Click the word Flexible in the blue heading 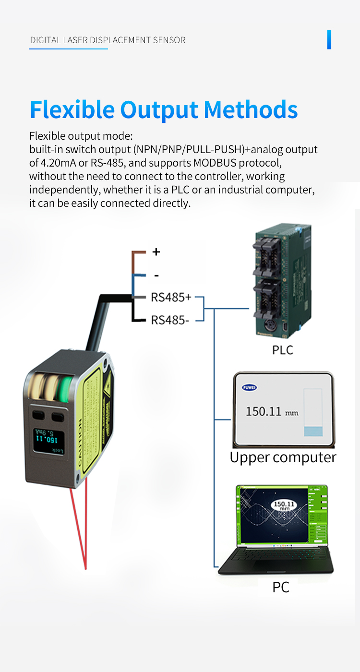pos(72,110)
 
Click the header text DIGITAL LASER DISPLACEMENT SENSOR pos(108,40)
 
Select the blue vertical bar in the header pos(329,40)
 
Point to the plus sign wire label pos(156,252)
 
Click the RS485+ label pos(171,298)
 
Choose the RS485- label pos(170,320)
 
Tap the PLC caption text pos(282,350)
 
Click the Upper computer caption pos(283,457)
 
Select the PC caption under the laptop pos(281,587)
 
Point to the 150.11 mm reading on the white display pos(272,412)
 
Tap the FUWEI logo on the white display pos(249,387)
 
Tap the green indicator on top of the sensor pos(62,388)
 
